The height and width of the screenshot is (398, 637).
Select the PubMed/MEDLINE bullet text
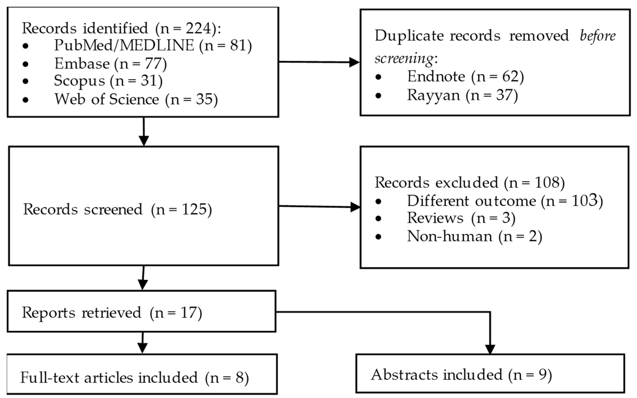click(153, 45)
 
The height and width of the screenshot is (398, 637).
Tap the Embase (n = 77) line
click(111, 64)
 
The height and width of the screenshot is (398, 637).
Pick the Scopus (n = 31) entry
click(108, 81)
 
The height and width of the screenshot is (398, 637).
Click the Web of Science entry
click(136, 99)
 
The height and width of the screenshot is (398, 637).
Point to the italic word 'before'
click(597, 35)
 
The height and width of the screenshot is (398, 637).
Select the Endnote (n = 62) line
click(465, 76)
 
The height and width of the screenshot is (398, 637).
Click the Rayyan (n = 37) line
click(462, 95)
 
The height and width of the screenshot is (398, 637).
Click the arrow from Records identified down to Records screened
click(144, 132)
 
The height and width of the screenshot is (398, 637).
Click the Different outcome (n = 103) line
click(505, 201)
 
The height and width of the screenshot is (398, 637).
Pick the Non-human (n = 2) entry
click(474, 236)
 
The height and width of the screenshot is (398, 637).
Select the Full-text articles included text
click(134, 377)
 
